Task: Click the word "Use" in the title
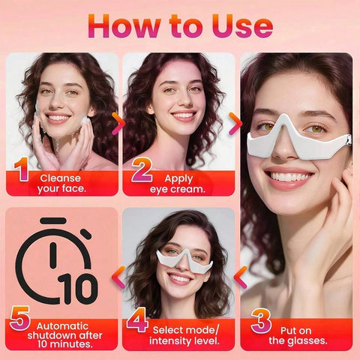(x=235, y=26)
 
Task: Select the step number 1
(x=21, y=171)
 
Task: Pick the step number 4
(x=137, y=321)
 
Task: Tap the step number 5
(x=20, y=321)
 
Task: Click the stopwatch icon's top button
(x=53, y=221)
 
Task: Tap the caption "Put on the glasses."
(x=298, y=334)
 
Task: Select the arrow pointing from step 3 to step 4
(x=241, y=277)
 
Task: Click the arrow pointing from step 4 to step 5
(x=118, y=277)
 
